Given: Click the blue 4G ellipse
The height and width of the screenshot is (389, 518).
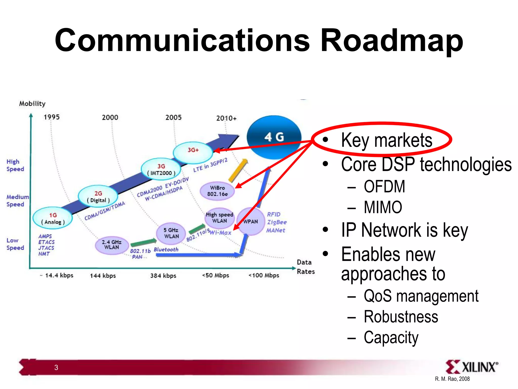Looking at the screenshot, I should pos(274,137).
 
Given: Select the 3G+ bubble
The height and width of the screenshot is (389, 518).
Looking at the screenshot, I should pos(193,152).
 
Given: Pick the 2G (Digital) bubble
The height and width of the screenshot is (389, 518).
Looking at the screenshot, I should pos(98,197).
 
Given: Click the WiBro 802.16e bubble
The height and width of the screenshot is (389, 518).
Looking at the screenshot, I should pos(217,191).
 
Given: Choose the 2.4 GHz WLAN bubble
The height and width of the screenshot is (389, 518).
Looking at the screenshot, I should pos(112,245).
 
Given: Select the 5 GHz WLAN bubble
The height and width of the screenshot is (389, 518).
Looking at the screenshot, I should pos(171,233).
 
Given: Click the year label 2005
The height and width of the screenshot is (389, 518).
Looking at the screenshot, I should pos(174,118).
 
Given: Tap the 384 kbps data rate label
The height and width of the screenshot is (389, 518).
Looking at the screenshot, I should pos(163,276).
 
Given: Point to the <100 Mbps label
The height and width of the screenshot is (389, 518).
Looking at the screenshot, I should pos(264,275).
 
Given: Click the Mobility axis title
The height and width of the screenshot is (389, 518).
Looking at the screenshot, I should pos(32,104).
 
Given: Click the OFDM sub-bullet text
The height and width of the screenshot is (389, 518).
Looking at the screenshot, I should pos(384,187).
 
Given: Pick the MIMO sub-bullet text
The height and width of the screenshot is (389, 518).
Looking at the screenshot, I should pos(383,207).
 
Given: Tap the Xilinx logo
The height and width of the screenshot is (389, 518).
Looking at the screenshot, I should pos(472,367).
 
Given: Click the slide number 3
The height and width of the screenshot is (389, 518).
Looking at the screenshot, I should pos(56,367).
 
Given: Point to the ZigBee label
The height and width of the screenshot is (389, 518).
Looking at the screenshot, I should pos(277,222).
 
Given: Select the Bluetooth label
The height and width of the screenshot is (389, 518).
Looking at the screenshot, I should pos(166,249).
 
